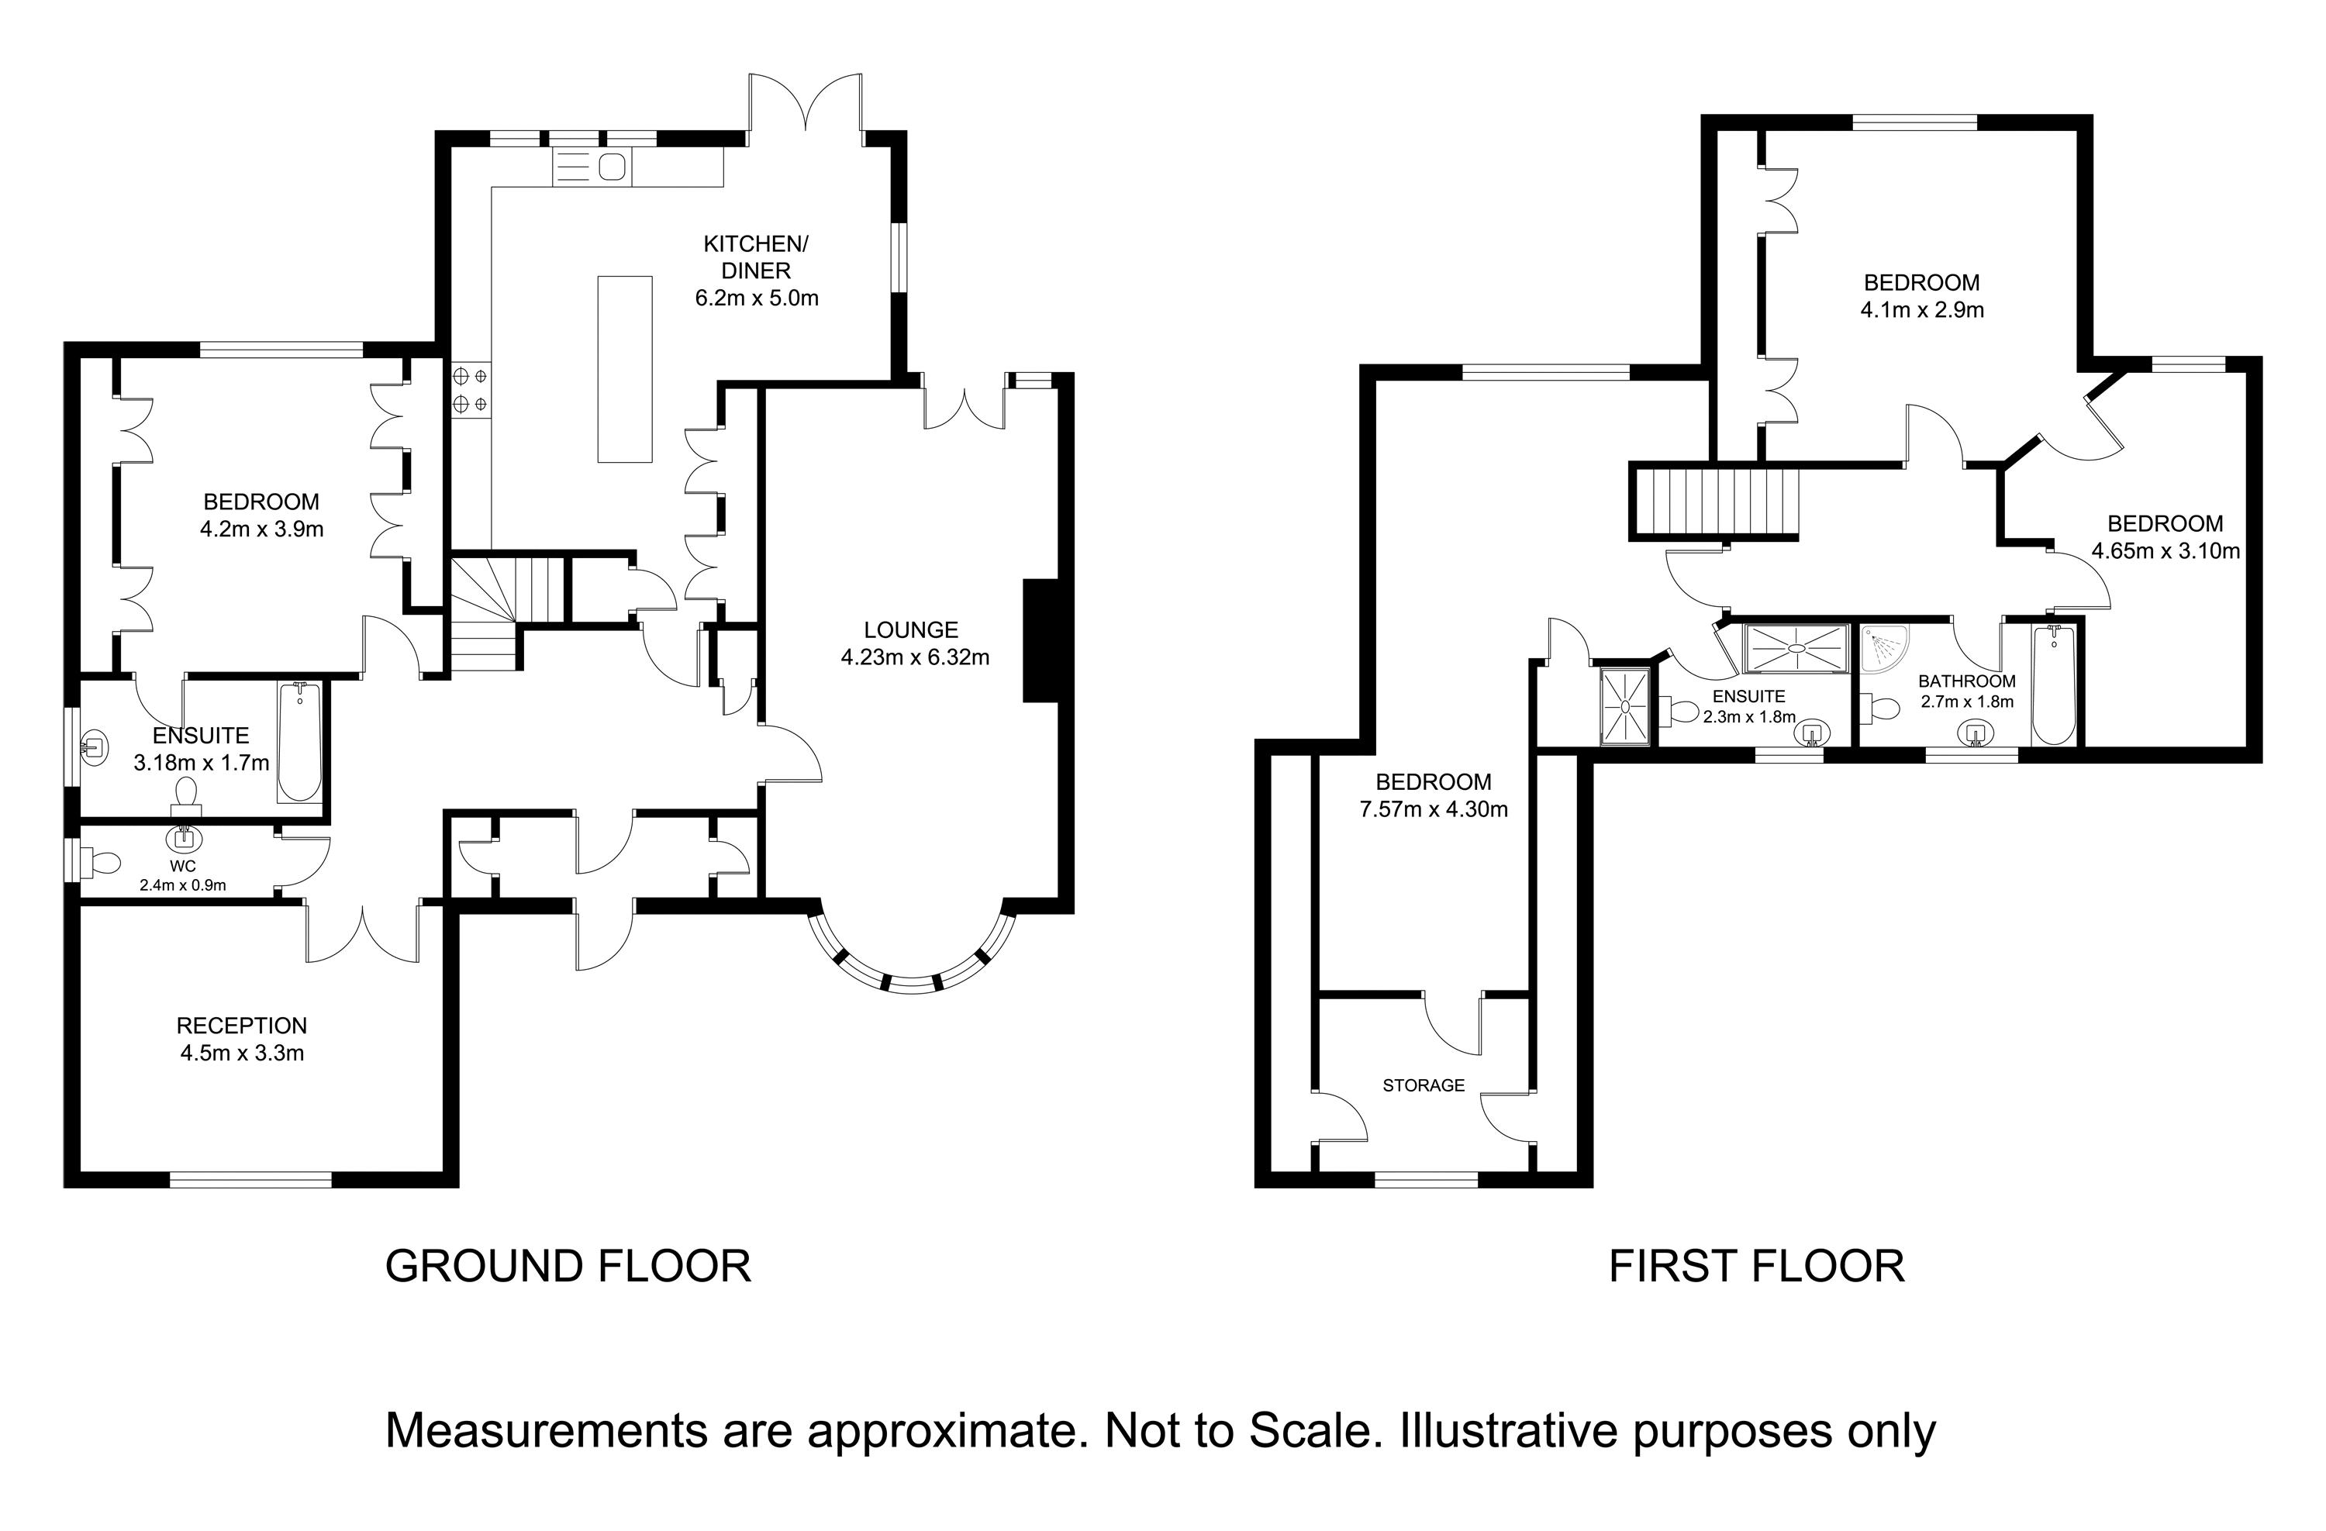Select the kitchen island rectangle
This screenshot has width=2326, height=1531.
tap(624, 368)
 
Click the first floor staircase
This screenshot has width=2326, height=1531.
tap(1713, 502)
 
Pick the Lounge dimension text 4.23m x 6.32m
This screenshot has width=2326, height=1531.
tap(915, 657)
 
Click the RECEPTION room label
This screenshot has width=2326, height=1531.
tap(241, 1025)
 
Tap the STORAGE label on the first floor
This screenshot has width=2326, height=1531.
tap(1423, 1084)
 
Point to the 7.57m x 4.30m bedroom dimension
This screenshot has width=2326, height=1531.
tap(1433, 809)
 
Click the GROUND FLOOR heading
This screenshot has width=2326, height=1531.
tap(568, 1266)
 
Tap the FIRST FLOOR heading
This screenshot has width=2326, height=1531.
tap(1756, 1266)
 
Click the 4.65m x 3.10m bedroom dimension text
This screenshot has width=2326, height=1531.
tap(2165, 551)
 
